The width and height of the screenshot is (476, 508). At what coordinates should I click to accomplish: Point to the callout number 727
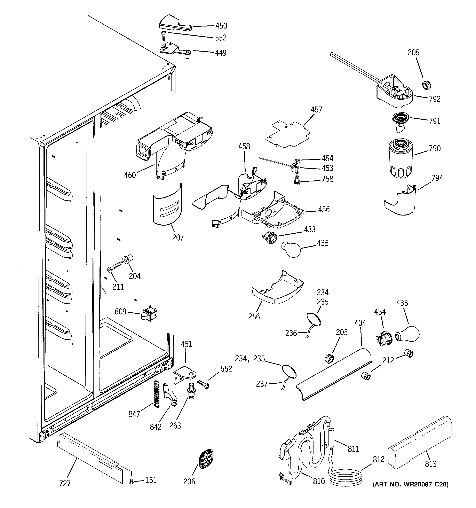click(x=65, y=483)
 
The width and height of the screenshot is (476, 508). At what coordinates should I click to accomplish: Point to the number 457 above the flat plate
click(x=316, y=110)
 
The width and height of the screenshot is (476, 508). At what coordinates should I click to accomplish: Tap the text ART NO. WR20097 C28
click(x=410, y=484)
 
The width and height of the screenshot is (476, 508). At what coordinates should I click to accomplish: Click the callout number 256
click(x=254, y=317)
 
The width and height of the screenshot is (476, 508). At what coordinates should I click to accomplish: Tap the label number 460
click(x=130, y=175)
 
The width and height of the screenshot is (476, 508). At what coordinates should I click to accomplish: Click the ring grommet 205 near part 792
click(x=426, y=85)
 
